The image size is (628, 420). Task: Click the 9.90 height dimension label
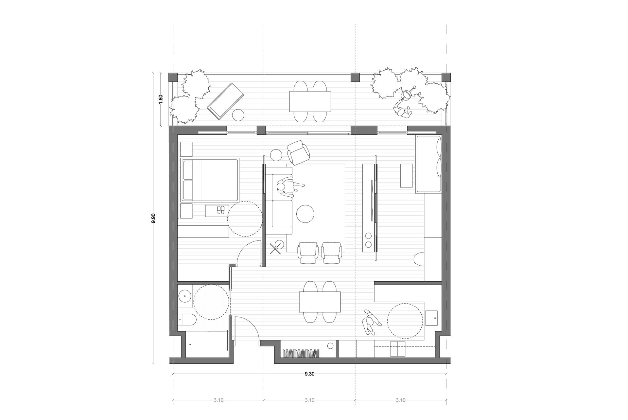(153, 218)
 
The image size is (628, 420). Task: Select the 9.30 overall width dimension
(309, 374)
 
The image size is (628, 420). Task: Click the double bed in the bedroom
(210, 180)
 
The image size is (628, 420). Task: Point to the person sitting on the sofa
(289, 188)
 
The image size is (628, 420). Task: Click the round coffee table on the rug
(305, 214)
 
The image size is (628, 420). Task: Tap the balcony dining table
(310, 101)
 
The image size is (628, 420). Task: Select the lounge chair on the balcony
(226, 101)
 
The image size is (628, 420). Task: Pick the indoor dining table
(320, 302)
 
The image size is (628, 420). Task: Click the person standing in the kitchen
(371, 322)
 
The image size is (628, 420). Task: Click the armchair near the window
(298, 152)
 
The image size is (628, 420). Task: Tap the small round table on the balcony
(238, 115)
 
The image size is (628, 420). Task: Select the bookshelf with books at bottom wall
(301, 354)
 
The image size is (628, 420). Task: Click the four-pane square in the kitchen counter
(398, 349)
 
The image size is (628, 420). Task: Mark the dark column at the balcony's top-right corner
(446, 77)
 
